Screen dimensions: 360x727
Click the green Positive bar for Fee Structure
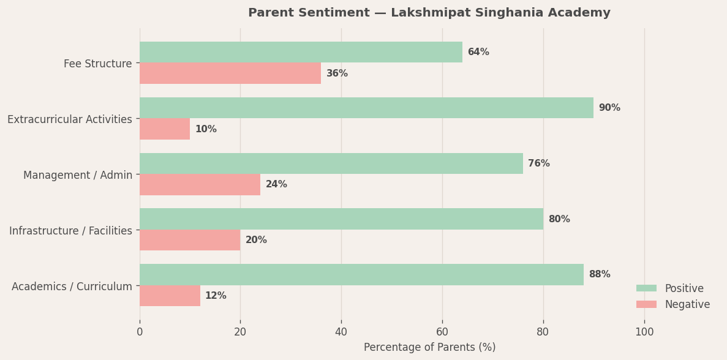click(301, 52)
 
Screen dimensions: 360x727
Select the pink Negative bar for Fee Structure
click(230, 73)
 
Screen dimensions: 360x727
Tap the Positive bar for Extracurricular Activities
click(366, 108)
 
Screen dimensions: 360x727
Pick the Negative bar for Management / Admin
click(200, 184)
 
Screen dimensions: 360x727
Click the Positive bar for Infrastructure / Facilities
click(341, 219)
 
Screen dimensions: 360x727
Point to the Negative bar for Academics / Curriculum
click(170, 296)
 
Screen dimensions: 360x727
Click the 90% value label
click(609, 108)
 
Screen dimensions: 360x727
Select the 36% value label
click(337, 73)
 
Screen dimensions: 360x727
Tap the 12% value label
click(216, 296)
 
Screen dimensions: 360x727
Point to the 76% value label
click(539, 163)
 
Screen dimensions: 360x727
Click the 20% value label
click(256, 240)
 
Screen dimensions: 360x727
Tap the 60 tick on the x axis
click(442, 332)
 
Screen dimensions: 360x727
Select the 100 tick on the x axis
click(644, 332)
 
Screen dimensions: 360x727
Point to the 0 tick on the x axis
click(140, 332)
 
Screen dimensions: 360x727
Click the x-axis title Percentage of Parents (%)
click(429, 347)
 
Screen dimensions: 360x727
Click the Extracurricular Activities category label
click(70, 119)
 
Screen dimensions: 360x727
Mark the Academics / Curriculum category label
click(72, 287)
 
